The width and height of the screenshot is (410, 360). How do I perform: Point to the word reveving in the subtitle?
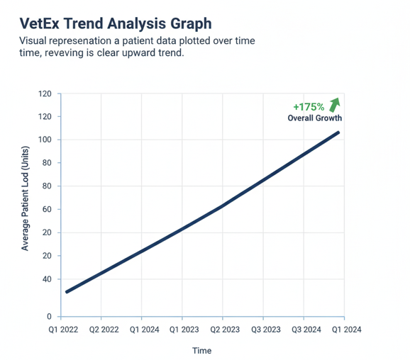tap(67, 54)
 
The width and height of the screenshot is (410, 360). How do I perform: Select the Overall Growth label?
tap(314, 118)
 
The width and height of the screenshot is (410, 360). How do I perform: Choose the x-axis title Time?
tap(201, 350)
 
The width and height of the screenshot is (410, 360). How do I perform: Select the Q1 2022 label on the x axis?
tap(62, 330)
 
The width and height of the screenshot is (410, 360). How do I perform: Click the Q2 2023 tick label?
tap(223, 330)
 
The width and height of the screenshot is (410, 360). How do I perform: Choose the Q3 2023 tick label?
tap(263, 330)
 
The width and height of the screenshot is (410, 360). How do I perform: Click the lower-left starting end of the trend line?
tap(67, 291)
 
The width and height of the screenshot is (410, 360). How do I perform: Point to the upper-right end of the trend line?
tap(338, 133)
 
